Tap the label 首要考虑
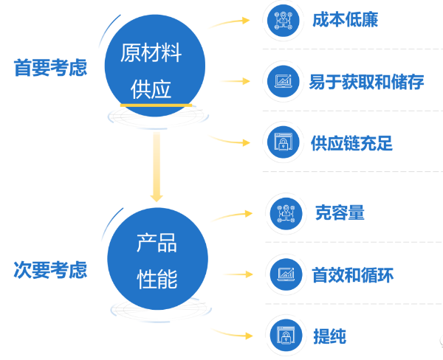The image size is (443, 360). pyautogui.click(x=50, y=69)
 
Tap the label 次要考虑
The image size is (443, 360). pyautogui.click(x=50, y=271)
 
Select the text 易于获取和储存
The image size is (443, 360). pyautogui.click(x=366, y=82)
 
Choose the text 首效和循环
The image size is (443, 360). pyautogui.click(x=351, y=275)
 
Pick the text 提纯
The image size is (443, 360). pyautogui.click(x=329, y=336)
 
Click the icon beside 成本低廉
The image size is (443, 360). pyautogui.click(x=284, y=20)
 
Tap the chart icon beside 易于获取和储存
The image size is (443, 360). pyautogui.click(x=284, y=81)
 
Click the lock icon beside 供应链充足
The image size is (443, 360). pyautogui.click(x=284, y=143)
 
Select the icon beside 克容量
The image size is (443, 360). pyautogui.click(x=284, y=213)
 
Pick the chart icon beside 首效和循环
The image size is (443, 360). pyautogui.click(x=284, y=275)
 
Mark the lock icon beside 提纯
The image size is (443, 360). pyautogui.click(x=284, y=336)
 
